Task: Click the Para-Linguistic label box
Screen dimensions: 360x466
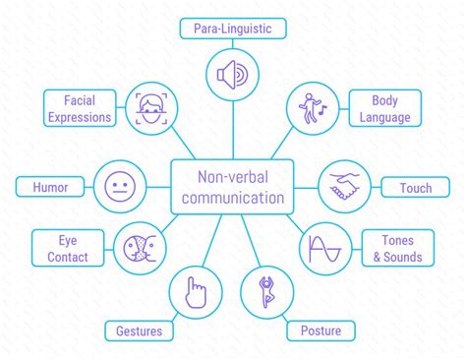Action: coord(234,29)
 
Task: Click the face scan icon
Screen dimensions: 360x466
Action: coord(150,109)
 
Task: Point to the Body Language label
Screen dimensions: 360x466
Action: coord(384,107)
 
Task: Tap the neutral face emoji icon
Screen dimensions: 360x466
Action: coord(119,186)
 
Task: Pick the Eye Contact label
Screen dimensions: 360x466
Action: coord(66,249)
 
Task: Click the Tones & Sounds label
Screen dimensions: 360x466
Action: coord(392,249)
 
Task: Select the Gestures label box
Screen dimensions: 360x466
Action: coord(138,330)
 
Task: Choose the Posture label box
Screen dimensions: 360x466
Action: coord(320,330)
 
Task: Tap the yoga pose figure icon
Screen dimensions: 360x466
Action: coord(266,292)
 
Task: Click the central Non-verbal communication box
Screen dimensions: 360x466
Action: coord(233,186)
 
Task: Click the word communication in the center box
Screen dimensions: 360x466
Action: coord(233,197)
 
